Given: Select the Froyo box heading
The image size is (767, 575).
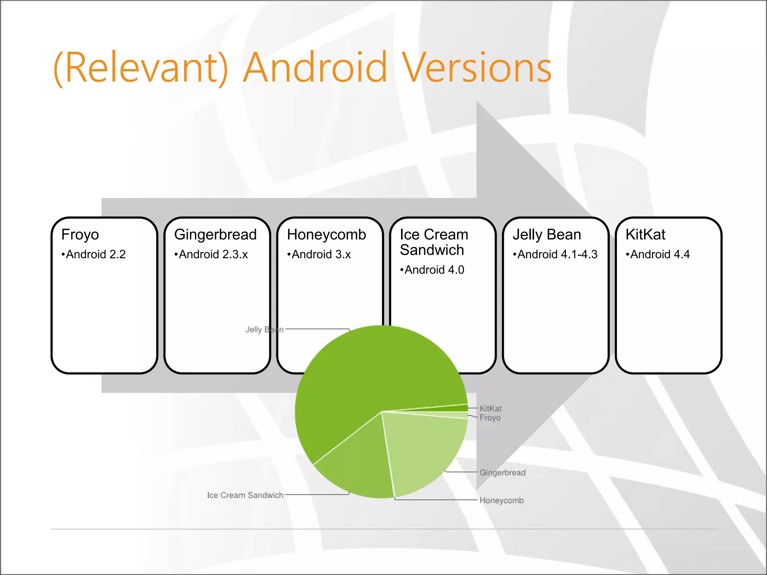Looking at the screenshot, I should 80,235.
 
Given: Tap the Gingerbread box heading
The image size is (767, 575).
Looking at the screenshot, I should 215,235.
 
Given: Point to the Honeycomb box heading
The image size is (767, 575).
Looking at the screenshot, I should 326,235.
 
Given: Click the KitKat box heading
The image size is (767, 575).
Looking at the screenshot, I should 645,235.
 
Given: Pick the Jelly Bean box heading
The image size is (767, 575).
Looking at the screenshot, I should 547,235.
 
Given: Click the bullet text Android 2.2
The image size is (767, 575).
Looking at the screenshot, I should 96,255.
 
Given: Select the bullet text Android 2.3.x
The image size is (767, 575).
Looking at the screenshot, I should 213,255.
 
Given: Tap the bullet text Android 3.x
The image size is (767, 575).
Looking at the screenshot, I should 321,255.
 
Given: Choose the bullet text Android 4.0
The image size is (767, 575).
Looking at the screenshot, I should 434,270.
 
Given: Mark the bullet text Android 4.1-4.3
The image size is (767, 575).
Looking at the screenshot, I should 557,255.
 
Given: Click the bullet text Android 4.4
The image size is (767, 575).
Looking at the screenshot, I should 660,255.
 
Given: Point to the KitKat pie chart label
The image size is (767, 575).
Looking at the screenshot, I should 490,408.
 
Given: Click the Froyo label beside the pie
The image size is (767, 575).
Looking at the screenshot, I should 490,417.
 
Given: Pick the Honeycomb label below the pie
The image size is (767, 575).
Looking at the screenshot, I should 501,501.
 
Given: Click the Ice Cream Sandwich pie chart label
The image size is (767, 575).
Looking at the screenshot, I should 245,495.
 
